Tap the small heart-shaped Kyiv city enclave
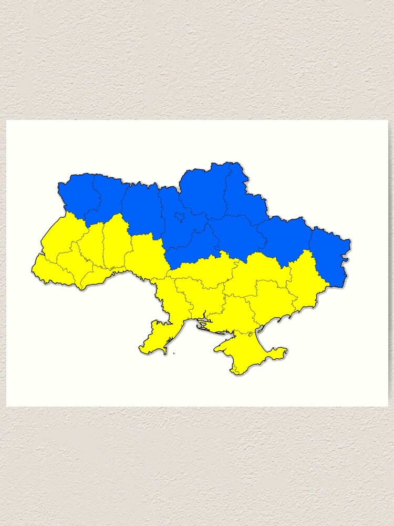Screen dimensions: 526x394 [x=180, y=216]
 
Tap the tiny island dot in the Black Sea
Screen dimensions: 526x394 [x=174, y=353]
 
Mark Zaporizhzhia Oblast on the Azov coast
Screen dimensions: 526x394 [x=268, y=300]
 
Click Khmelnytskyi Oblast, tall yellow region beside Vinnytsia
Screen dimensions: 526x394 [x=116, y=242]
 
